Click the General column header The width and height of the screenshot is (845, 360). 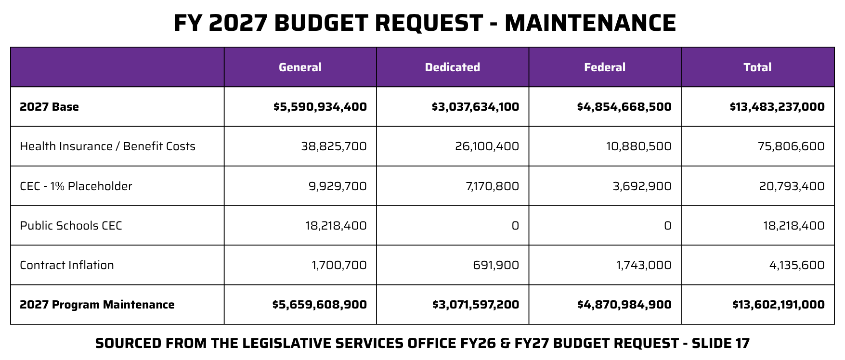(300, 67)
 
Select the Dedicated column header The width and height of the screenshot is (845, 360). (452, 67)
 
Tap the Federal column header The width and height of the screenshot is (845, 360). (605, 67)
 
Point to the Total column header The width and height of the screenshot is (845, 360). (757, 67)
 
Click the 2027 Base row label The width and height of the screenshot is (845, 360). (49, 107)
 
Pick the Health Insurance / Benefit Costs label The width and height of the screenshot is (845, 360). (107, 146)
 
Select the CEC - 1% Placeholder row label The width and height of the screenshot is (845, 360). (76, 186)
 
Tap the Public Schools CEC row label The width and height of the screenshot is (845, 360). (71, 226)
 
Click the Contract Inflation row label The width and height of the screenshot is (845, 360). (67, 265)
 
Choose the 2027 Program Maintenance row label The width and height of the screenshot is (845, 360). (97, 305)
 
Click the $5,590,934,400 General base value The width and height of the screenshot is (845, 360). (320, 107)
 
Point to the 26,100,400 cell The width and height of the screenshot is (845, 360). (487, 146)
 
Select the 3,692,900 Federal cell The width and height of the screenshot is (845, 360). (642, 186)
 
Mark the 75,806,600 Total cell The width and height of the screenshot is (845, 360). (791, 146)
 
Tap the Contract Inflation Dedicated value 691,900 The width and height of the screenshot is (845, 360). (496, 265)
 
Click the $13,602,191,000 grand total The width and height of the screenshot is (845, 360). (778, 305)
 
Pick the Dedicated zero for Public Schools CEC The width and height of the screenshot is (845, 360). (515, 226)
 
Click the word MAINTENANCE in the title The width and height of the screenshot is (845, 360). (590, 23)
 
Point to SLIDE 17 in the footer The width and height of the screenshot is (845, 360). (720, 343)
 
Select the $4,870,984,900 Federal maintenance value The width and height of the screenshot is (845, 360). (624, 305)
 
